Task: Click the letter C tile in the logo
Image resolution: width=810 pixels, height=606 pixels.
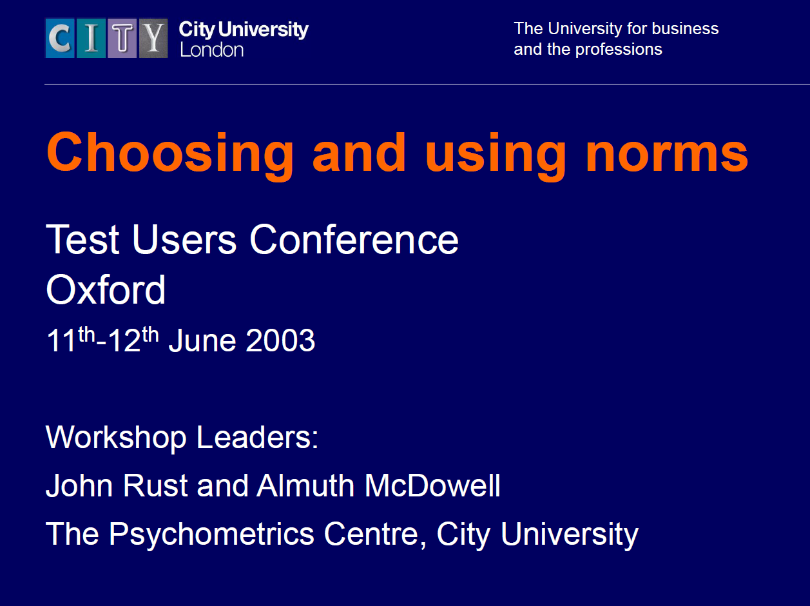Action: (60, 39)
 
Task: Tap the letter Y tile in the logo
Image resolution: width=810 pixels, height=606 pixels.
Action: (153, 39)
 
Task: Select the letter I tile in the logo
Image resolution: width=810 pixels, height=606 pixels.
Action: (92, 39)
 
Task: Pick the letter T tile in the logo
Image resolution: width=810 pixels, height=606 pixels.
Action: (122, 39)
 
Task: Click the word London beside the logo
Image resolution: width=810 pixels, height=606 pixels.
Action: (211, 50)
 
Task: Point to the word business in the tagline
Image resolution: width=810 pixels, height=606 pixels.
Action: (685, 29)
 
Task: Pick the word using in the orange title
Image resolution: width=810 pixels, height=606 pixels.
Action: (495, 153)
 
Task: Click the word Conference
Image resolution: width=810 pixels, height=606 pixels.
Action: (354, 240)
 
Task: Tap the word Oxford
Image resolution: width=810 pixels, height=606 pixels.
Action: (106, 290)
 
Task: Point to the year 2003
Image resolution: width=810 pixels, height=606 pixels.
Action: (280, 341)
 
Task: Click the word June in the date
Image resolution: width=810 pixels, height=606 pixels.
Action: (201, 341)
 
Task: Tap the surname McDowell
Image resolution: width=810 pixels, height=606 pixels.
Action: (432, 486)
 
